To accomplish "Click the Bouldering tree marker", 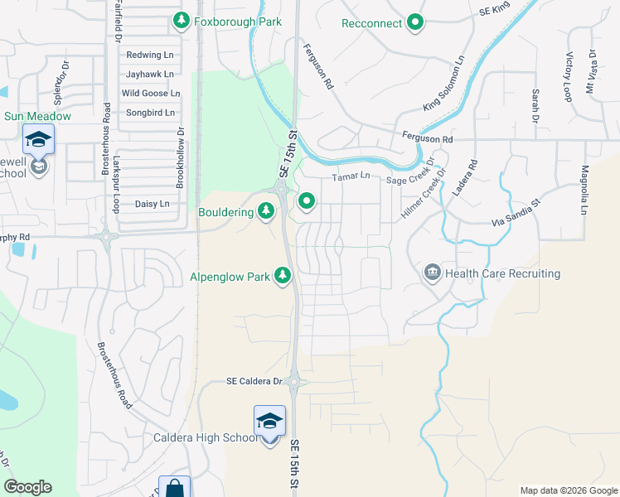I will point(266,212).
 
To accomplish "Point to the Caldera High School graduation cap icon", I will point(269,422).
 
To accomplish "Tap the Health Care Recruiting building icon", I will point(432,273).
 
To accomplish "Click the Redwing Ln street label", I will point(150,55).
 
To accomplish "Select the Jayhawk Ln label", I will point(150,74).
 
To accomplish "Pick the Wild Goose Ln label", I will point(151,93).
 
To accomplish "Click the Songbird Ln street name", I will point(150,112).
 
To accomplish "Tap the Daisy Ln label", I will point(152,204).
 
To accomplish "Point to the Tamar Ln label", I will point(351,176).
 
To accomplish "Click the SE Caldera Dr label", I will point(254,382).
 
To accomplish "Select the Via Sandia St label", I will point(516,212).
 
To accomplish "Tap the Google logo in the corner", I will point(27,487).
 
